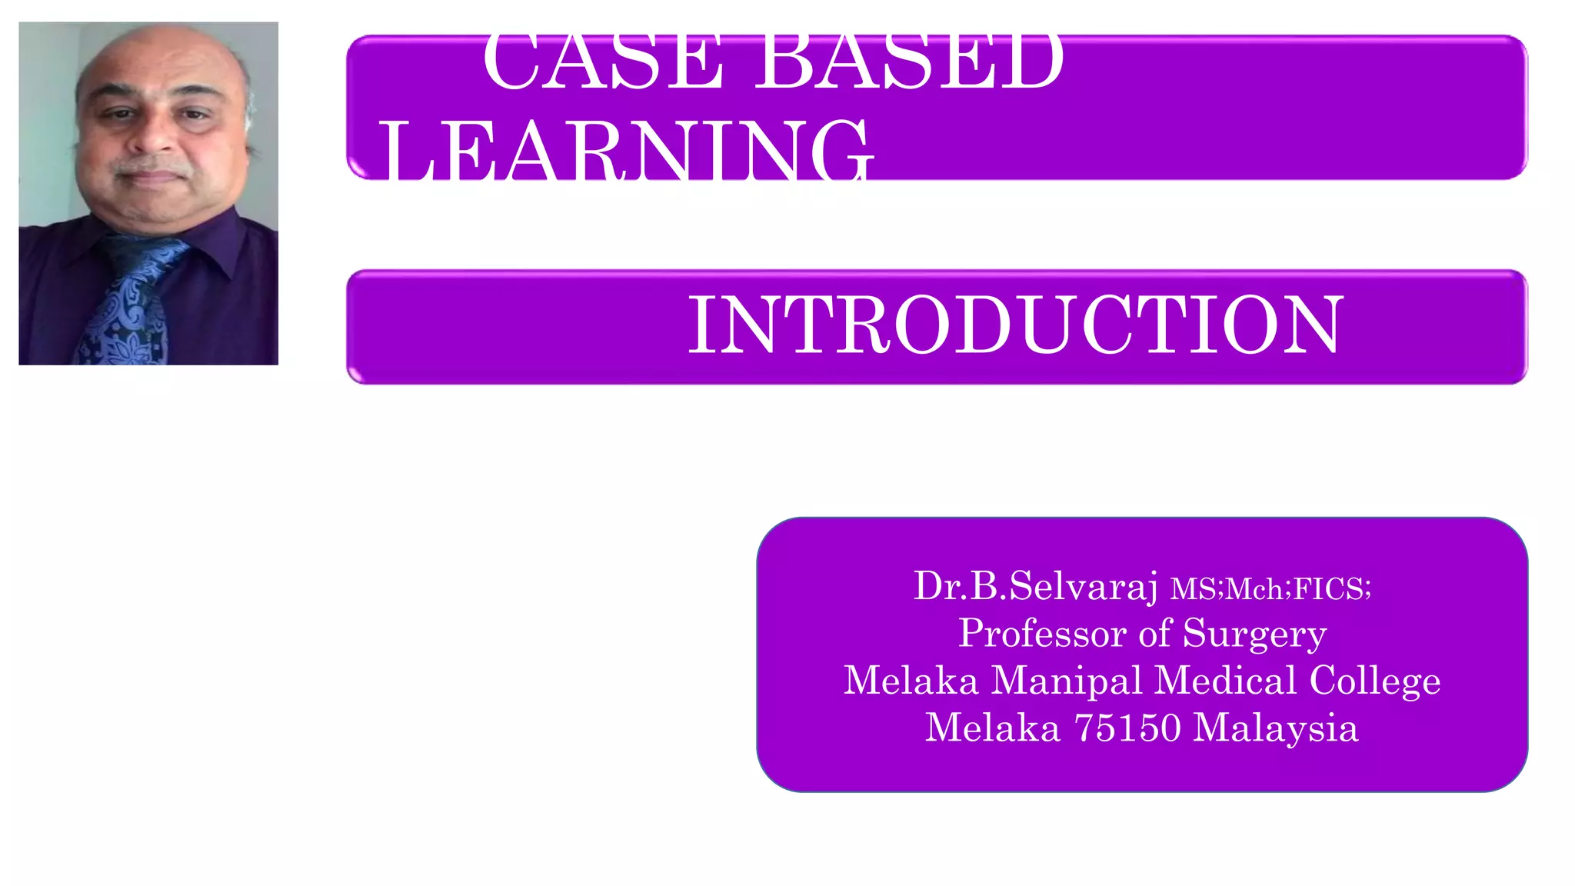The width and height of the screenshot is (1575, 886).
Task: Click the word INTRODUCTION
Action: click(1015, 326)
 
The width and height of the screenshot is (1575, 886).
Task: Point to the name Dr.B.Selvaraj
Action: click(1035, 587)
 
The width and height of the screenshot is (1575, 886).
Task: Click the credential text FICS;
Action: click(1332, 590)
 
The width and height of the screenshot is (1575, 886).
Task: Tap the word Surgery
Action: click(1254, 635)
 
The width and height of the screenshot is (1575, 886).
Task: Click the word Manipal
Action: click(1067, 681)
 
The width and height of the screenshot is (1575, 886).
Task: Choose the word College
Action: click(1374, 681)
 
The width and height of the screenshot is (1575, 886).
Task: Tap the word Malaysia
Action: click(1275, 729)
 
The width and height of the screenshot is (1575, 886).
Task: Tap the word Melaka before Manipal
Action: click(911, 681)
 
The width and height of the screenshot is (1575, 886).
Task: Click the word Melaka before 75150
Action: click(992, 728)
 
